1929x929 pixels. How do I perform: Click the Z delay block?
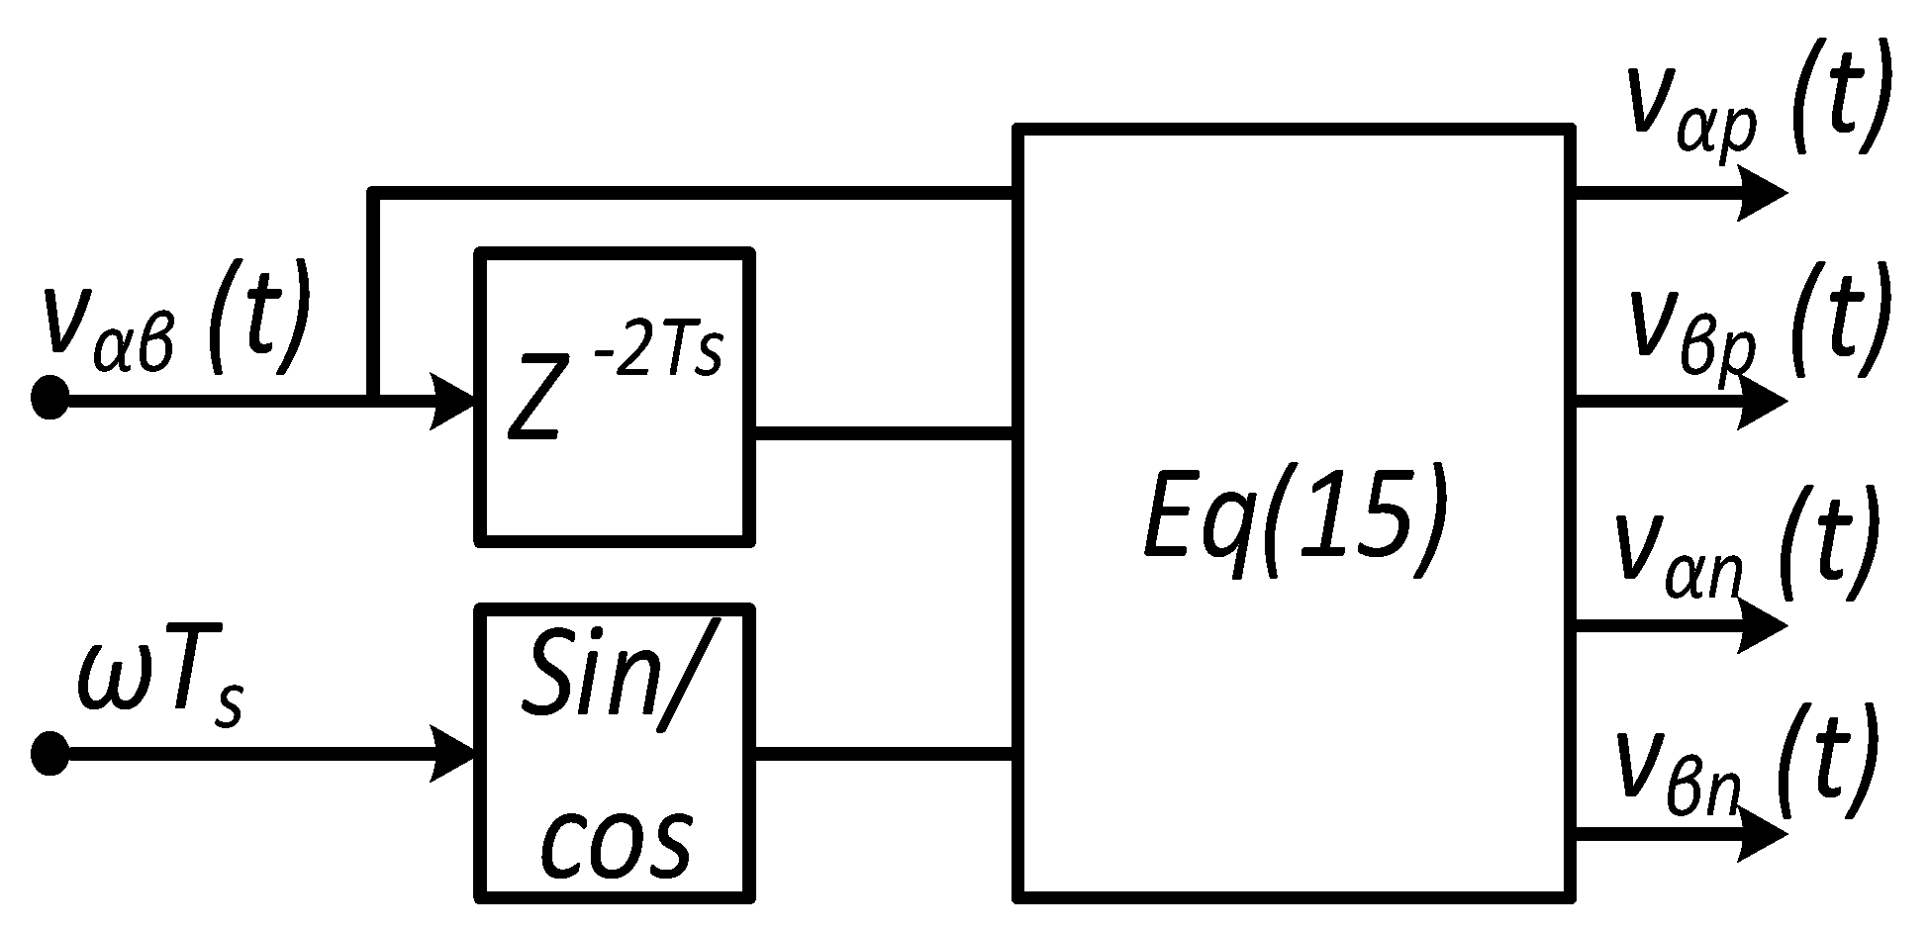(615, 396)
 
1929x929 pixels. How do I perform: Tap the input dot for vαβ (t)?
(49, 399)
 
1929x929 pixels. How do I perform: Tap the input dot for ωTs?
(49, 755)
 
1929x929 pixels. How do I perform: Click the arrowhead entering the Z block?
(452, 400)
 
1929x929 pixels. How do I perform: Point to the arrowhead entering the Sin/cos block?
(452, 755)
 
